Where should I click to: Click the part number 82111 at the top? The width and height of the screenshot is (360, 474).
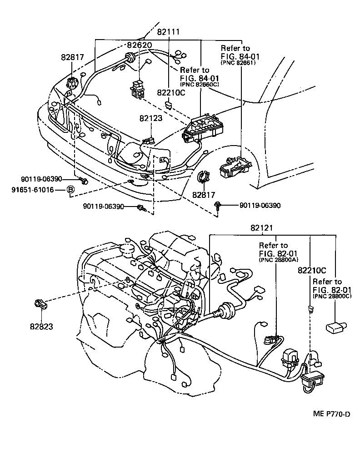pyautogui.click(x=169, y=33)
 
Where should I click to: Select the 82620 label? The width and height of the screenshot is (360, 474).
pyautogui.click(x=139, y=45)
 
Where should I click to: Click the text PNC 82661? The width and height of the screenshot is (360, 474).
pyautogui.click(x=238, y=63)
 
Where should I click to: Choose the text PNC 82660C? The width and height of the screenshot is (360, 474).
pyautogui.click(x=200, y=84)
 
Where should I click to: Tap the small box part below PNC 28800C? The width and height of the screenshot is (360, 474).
pyautogui.click(x=336, y=326)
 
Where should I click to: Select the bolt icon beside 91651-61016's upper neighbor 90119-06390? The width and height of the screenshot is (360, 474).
pyautogui.click(x=84, y=181)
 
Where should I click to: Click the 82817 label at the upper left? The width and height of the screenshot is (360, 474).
pyautogui.click(x=73, y=57)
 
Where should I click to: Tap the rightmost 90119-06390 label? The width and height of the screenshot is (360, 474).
pyautogui.click(x=260, y=206)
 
